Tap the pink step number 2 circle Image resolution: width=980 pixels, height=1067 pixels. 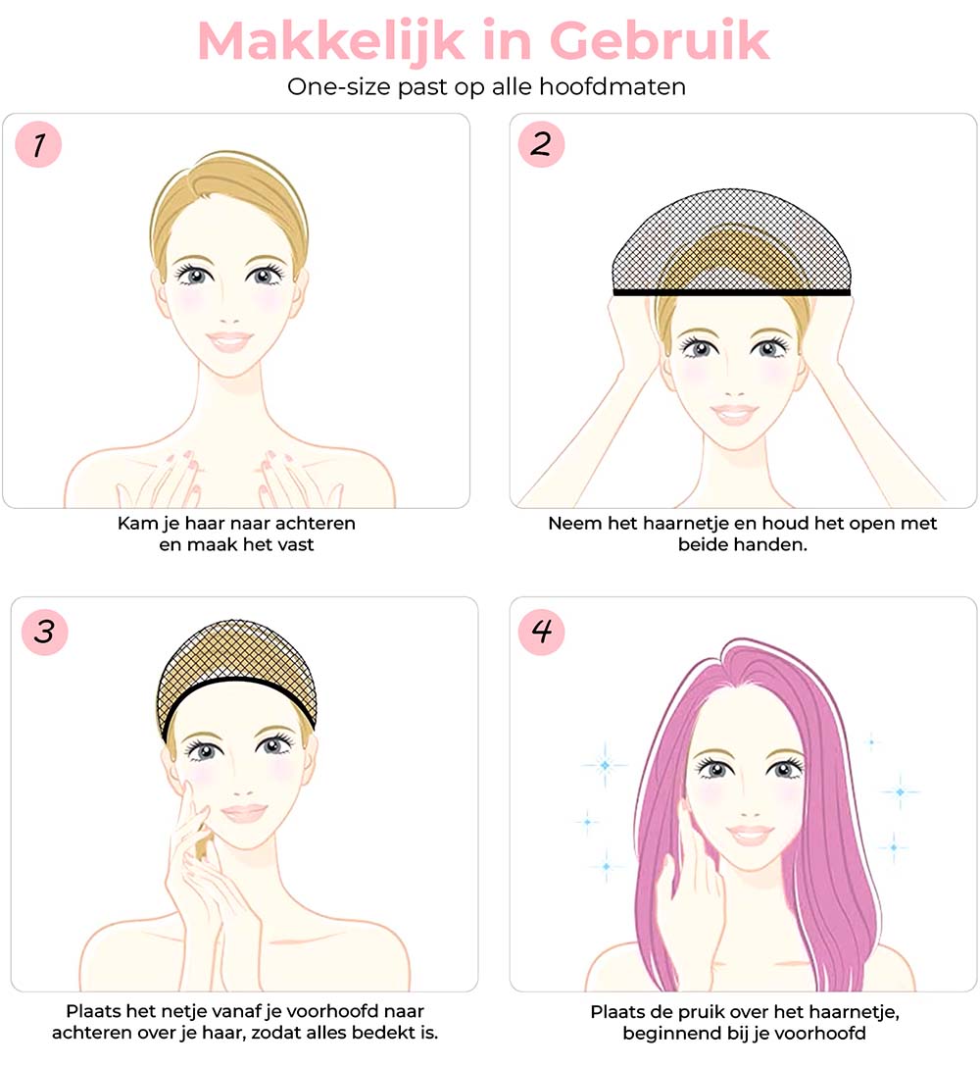[542, 145]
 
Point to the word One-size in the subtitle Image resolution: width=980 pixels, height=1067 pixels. [331, 86]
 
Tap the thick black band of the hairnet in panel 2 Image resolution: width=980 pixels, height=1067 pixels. [731, 291]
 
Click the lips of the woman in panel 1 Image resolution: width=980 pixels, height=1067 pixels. [229, 341]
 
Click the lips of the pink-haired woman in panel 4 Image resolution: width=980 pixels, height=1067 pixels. [751, 835]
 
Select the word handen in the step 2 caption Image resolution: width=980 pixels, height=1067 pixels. [776, 543]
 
